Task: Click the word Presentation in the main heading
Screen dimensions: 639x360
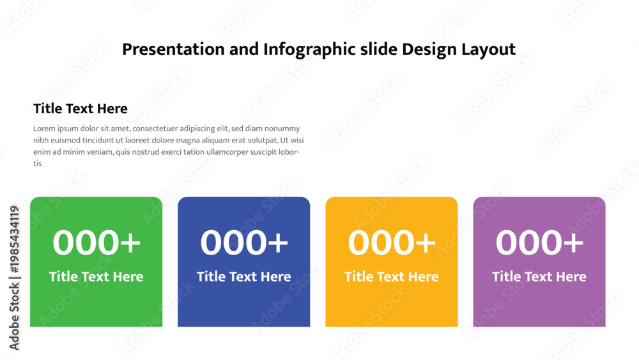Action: click(x=173, y=50)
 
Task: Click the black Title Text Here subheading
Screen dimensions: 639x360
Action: click(x=81, y=109)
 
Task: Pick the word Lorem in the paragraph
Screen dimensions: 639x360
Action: click(x=44, y=129)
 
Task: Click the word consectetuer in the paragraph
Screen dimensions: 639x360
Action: click(x=155, y=129)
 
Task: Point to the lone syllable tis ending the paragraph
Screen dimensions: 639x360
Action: click(x=38, y=164)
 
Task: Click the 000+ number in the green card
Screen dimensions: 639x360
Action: click(x=96, y=242)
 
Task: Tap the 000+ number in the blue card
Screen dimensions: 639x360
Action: click(x=244, y=242)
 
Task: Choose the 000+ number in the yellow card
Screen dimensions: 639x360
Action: click(x=392, y=242)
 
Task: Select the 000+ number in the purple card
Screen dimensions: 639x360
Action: click(x=539, y=242)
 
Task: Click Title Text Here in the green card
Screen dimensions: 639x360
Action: click(x=96, y=276)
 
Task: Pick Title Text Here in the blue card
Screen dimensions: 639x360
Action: click(x=243, y=276)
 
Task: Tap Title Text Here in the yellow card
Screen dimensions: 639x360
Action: click(x=392, y=276)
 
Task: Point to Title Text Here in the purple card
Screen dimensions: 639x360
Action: click(x=539, y=276)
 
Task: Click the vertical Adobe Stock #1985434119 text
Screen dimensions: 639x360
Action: click(x=14, y=278)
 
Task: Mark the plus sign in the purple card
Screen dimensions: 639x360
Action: click(x=573, y=243)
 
